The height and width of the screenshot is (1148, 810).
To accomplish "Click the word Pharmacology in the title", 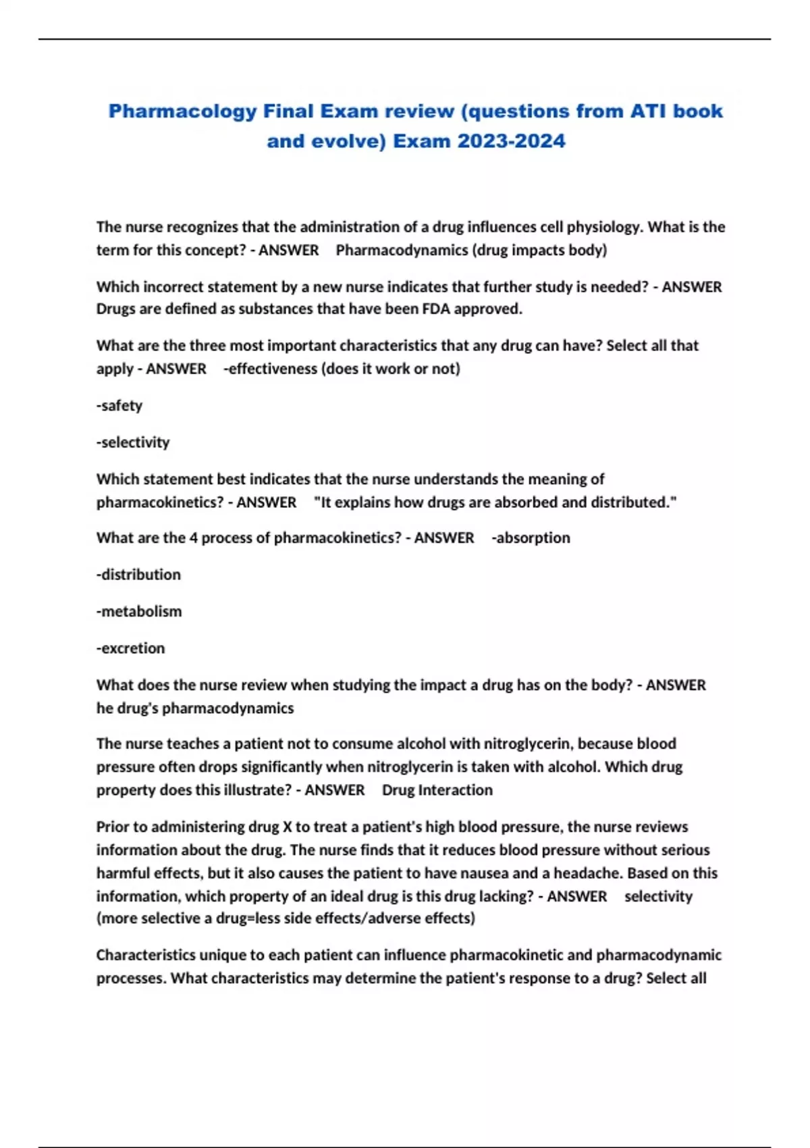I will (x=182, y=111).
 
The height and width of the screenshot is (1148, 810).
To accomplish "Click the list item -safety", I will (x=119, y=405).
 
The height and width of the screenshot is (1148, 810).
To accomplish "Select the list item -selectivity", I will (x=133, y=442).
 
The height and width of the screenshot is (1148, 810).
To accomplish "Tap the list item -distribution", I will (x=138, y=575).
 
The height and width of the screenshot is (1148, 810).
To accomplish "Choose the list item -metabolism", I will (x=139, y=611).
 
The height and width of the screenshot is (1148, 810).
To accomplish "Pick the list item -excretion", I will (x=130, y=648).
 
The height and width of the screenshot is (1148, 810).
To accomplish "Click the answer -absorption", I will (x=531, y=538).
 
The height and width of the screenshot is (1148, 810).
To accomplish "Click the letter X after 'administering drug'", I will (x=287, y=827).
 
